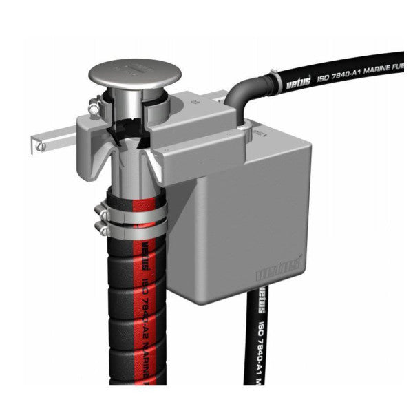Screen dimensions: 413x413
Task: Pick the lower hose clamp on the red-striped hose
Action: (x=128, y=220)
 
